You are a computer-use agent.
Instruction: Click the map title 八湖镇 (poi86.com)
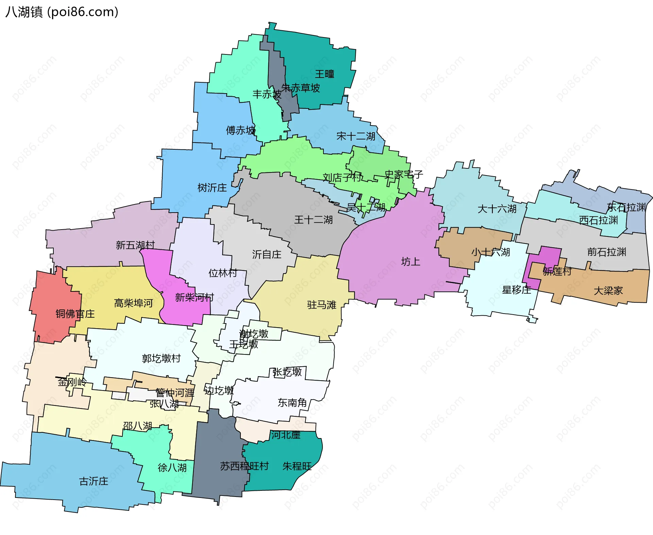click(x=62, y=12)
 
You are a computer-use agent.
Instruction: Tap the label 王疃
click(x=324, y=74)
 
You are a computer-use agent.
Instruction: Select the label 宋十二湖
click(x=356, y=136)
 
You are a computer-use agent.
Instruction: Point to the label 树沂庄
click(x=212, y=188)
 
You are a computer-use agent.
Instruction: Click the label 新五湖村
click(x=135, y=245)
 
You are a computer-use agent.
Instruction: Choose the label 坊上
click(x=411, y=262)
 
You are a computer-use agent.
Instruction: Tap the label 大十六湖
click(x=497, y=209)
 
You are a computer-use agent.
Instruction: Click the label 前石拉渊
click(x=606, y=252)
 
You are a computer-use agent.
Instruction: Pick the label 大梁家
click(x=608, y=291)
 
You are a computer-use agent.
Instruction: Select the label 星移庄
click(x=516, y=290)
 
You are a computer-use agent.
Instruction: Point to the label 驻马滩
click(x=321, y=305)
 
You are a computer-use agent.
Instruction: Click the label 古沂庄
click(x=94, y=481)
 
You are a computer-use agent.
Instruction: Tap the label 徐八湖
click(x=172, y=468)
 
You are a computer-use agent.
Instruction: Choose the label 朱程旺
click(x=297, y=466)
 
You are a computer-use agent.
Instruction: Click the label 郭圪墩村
click(x=161, y=358)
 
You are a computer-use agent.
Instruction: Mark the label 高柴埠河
click(x=133, y=303)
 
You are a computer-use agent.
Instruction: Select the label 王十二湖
click(x=313, y=220)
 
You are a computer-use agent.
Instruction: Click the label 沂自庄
click(x=267, y=254)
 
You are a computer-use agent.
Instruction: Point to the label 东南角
click(x=292, y=403)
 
